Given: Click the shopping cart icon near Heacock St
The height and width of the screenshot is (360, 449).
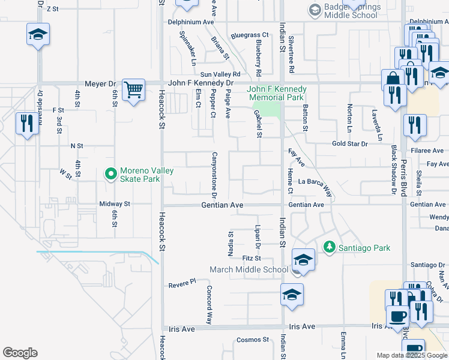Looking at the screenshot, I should click(133, 90).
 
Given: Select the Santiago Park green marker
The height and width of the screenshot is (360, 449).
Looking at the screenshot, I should click(329, 247).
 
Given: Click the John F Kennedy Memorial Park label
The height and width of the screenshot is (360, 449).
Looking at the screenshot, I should click(277, 93).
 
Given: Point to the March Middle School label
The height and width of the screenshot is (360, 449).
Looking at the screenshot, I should click(249, 269).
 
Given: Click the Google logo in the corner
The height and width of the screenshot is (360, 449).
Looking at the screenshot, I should click(20, 353).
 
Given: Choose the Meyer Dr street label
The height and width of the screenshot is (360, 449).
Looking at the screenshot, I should click(100, 83).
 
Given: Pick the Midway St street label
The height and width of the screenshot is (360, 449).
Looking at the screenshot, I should click(115, 204).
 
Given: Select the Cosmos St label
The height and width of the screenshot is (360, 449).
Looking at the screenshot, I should click(252, 340).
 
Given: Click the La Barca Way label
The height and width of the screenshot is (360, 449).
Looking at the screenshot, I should click(316, 186).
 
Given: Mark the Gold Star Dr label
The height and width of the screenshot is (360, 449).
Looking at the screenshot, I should click(350, 144).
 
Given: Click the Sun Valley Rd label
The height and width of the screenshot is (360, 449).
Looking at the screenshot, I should click(220, 73).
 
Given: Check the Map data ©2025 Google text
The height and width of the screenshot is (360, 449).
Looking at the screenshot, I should click(412, 355).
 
